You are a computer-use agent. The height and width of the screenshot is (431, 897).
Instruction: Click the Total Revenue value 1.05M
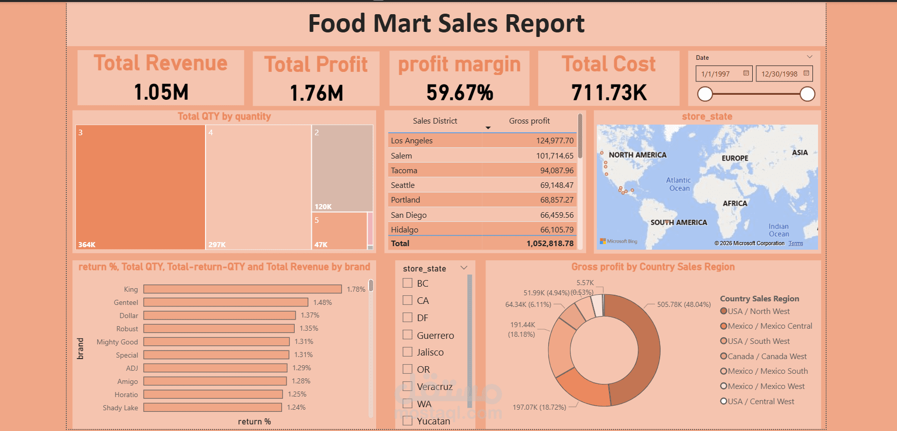tap(161, 92)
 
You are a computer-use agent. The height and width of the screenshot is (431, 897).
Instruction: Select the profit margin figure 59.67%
tap(460, 93)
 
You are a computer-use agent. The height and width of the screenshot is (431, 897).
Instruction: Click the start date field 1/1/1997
tap(716, 74)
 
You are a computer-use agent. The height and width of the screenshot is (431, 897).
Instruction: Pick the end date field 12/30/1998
tap(780, 74)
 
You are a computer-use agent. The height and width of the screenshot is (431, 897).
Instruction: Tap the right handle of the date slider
tap(807, 94)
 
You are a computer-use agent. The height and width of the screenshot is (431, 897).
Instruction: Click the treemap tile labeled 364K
tap(140, 187)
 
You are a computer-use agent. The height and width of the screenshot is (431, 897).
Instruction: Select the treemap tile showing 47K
tap(339, 230)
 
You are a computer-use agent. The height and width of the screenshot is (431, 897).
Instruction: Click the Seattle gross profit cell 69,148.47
tap(557, 185)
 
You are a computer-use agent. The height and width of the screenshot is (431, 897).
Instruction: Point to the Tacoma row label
tap(404, 171)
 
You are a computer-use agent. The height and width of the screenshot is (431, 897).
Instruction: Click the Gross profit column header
tap(529, 121)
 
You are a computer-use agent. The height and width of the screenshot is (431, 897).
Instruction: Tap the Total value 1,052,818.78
tap(550, 244)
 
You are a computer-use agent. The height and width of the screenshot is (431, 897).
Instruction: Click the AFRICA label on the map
tap(735, 204)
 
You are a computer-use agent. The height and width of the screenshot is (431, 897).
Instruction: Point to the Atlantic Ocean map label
tap(679, 184)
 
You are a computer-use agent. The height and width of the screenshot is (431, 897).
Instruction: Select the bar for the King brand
tap(242, 289)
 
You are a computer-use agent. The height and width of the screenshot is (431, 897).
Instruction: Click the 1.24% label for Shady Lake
tap(296, 407)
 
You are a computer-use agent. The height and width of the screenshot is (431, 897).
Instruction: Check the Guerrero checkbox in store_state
tap(407, 335)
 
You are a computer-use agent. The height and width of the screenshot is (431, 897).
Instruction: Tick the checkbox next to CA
tap(407, 300)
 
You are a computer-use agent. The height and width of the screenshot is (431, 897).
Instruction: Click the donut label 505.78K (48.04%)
tap(683, 304)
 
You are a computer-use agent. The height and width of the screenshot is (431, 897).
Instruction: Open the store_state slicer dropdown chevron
tap(464, 268)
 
